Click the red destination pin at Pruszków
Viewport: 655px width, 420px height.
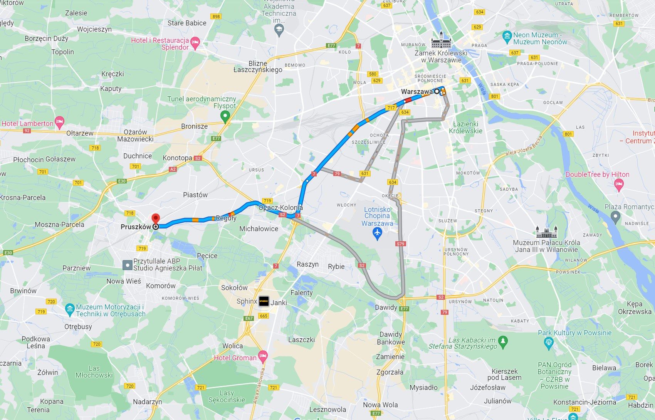point(156,218)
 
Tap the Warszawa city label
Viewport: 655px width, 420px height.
point(417,92)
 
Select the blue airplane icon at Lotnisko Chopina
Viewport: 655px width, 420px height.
point(377,233)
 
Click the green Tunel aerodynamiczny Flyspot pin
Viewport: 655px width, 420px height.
point(225,115)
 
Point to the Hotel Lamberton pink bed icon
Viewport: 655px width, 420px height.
point(59,123)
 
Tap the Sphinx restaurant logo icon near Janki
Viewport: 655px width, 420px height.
point(264,301)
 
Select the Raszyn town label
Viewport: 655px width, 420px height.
point(307,264)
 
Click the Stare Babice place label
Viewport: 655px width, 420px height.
point(187,23)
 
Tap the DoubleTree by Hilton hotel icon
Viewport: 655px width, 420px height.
point(619,185)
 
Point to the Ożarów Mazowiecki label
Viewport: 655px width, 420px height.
point(135,136)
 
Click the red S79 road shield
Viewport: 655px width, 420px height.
point(400,244)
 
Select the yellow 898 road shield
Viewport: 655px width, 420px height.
point(216,17)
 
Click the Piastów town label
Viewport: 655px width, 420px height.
point(195,195)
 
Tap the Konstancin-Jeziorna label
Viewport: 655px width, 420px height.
point(584,402)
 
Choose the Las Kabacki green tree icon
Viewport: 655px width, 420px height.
point(502,341)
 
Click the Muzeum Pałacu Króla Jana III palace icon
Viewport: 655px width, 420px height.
point(546,232)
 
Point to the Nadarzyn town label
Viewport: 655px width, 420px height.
point(147,402)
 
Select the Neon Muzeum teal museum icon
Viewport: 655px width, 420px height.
point(507,37)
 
